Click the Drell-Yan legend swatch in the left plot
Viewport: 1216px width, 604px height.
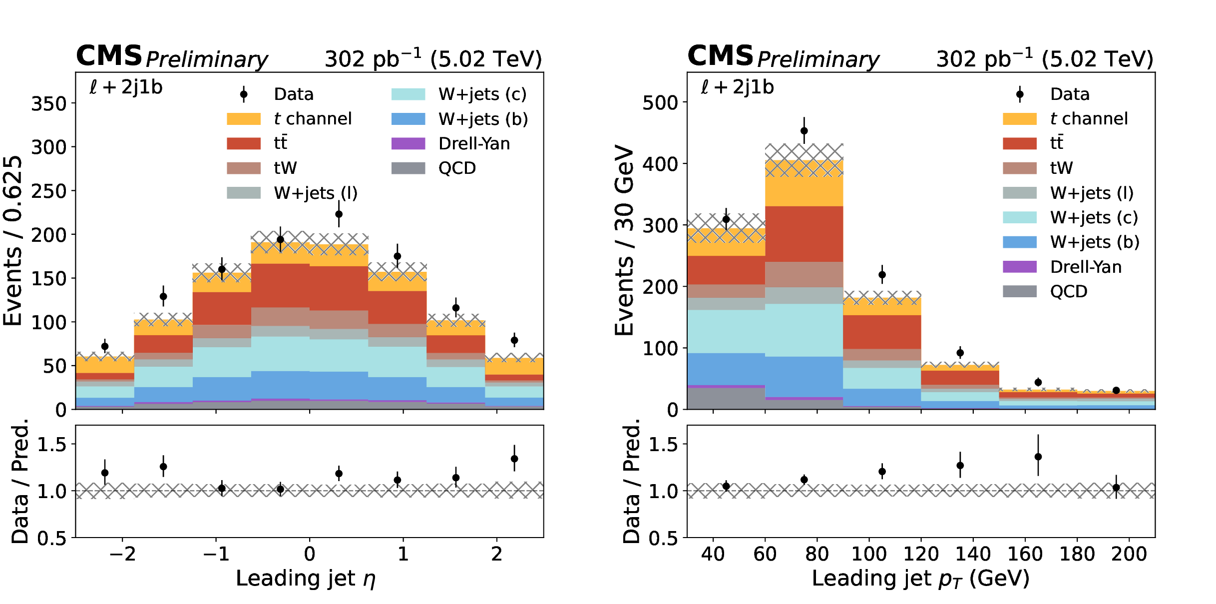(x=408, y=143)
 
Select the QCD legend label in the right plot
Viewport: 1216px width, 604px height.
(x=1069, y=291)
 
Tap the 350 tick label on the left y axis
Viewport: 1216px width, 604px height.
(x=49, y=104)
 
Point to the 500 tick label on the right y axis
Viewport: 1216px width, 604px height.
(x=660, y=103)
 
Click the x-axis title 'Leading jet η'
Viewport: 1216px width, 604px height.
(x=305, y=579)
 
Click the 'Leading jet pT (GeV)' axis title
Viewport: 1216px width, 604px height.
(x=920, y=579)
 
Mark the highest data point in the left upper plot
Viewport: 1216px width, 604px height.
(x=339, y=214)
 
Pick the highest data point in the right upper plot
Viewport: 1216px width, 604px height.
(x=804, y=131)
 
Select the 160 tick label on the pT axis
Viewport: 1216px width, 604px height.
(x=1025, y=554)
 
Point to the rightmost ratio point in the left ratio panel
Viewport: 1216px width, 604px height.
(x=514, y=459)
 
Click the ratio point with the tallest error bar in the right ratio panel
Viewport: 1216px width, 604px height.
(x=1038, y=457)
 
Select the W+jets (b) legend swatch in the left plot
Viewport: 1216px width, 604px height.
(x=408, y=119)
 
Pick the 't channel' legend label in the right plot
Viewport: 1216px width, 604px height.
(x=1089, y=119)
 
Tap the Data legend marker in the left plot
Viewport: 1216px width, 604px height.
(x=244, y=94)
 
